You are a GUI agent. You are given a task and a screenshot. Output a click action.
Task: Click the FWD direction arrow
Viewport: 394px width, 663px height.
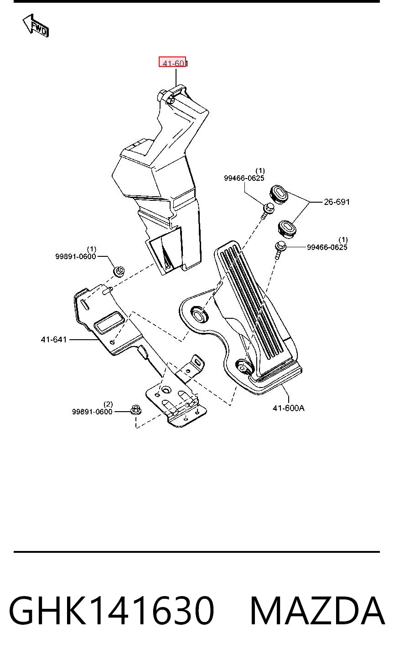[x=36, y=25]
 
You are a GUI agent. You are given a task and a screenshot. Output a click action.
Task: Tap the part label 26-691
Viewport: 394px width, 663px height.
[x=337, y=202]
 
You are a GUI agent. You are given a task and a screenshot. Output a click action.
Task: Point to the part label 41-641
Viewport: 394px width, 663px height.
[x=54, y=340]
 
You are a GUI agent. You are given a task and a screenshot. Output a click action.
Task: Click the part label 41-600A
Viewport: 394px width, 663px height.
[x=289, y=408]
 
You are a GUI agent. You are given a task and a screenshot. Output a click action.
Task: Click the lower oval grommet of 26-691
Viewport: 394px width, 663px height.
[x=287, y=228]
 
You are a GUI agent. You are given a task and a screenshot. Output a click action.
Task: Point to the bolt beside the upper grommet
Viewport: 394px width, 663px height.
[x=267, y=210]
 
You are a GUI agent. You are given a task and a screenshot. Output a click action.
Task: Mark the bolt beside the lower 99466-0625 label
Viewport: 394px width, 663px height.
[x=280, y=250]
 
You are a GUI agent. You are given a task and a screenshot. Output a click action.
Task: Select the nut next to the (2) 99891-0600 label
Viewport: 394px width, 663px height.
[x=136, y=410]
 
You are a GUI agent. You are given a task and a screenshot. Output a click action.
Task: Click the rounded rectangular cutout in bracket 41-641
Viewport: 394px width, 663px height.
[x=109, y=322]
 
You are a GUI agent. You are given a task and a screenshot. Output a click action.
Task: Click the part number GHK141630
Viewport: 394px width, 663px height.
[x=111, y=611]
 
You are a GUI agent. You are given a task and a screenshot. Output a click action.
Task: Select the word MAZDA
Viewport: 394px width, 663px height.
[x=317, y=611]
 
